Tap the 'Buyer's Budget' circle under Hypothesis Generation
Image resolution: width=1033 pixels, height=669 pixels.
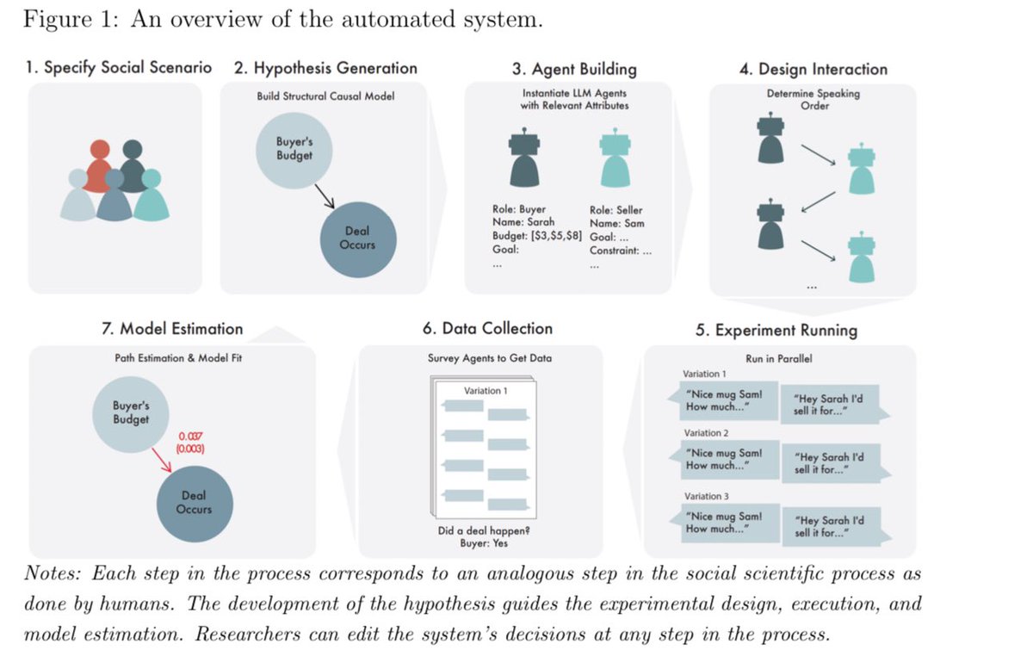coord(295,150)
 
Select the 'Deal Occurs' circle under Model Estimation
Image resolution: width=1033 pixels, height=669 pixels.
coord(194,502)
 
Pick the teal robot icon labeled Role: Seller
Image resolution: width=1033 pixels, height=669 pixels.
coord(612,159)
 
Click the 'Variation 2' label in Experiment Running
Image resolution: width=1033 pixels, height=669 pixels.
coord(706,432)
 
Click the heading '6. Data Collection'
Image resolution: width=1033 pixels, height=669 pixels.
coord(487,328)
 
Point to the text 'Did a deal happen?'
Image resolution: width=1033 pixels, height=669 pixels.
coord(484,530)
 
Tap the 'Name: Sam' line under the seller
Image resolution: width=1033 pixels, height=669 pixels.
coord(616,223)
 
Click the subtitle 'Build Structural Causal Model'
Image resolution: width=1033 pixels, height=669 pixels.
coord(325,96)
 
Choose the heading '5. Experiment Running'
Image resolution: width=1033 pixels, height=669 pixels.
coord(776,330)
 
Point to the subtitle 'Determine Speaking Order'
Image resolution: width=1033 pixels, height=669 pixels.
coord(813,99)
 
